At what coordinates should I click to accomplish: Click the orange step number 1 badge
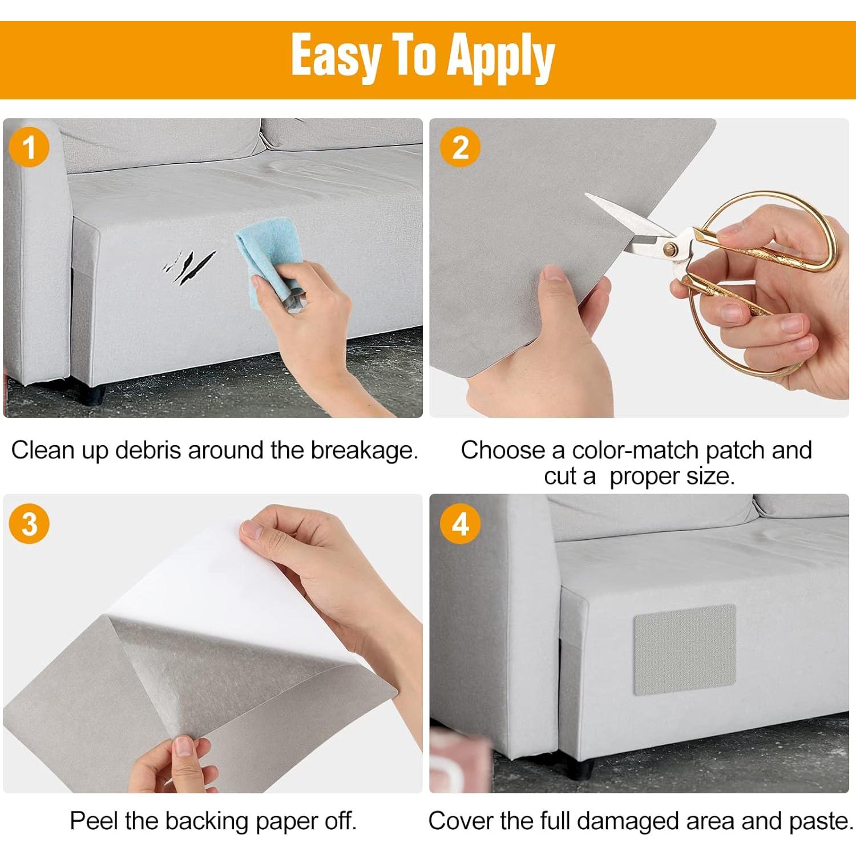[x=29, y=147]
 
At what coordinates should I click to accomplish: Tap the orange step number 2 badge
[x=460, y=147]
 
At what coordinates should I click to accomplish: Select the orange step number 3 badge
[x=29, y=524]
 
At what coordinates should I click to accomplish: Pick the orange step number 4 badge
[x=460, y=524]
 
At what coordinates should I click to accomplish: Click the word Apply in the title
[x=501, y=57]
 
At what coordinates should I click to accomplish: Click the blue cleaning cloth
[x=269, y=263]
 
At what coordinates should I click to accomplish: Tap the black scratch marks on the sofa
[x=189, y=267]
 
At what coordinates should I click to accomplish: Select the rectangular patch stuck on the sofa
[x=685, y=650]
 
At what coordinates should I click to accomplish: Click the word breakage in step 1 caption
[x=365, y=451]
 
